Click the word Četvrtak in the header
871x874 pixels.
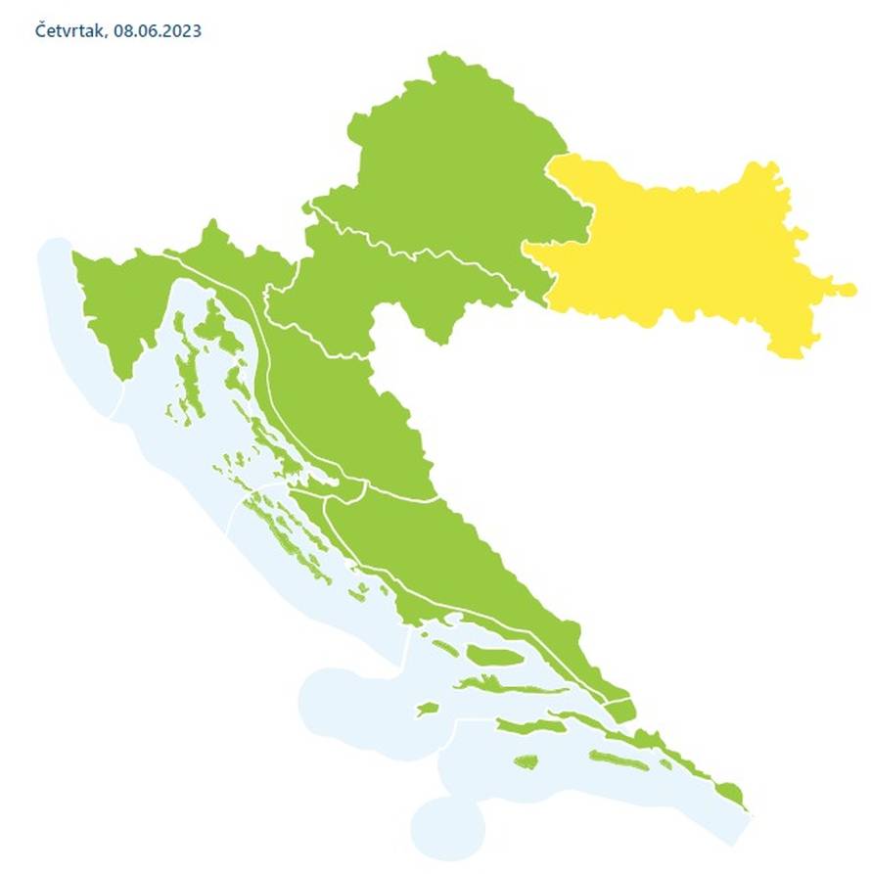point(69,31)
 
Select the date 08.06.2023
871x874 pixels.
point(158,31)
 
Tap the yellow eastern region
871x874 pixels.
point(685,254)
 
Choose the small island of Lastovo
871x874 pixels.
point(527,760)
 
